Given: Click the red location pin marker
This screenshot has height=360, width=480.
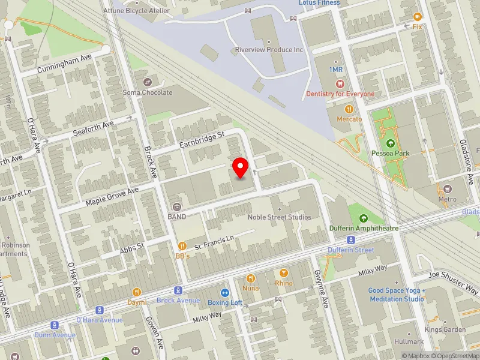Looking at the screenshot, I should [x=241, y=167].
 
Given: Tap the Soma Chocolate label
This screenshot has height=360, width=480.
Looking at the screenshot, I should [x=148, y=92].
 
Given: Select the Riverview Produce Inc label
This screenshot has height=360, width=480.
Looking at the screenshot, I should [x=269, y=50].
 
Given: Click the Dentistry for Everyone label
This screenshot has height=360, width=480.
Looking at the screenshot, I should [x=340, y=94].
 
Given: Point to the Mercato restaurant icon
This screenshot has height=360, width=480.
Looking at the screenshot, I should [x=349, y=109].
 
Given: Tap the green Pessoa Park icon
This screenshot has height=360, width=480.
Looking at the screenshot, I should [x=391, y=143].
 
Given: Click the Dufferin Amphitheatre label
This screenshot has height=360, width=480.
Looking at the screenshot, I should [x=364, y=228].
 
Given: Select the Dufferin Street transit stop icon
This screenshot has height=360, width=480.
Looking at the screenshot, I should [x=351, y=240].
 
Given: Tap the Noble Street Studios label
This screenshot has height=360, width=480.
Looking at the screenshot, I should [x=280, y=217].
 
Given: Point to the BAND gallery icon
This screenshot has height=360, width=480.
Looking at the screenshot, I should [x=177, y=206].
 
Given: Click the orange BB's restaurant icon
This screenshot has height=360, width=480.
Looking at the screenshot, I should [x=182, y=245].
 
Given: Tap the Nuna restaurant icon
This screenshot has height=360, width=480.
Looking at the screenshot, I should [x=251, y=278].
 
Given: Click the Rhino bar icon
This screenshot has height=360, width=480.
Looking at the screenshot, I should [x=284, y=273].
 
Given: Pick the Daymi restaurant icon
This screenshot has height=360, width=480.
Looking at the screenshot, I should [x=137, y=292].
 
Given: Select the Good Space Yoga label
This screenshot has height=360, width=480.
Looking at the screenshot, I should [x=397, y=295].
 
